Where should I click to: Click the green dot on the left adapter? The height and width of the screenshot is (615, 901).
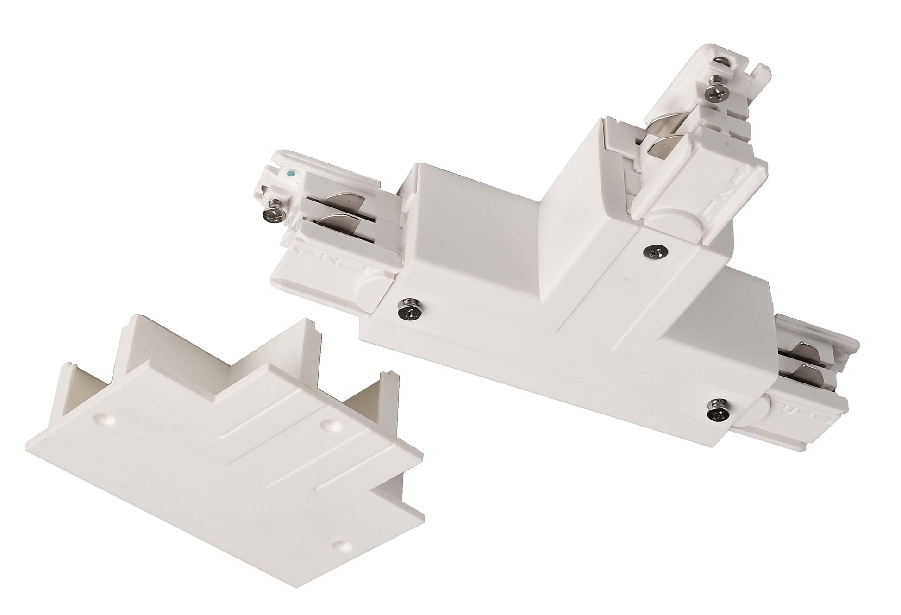point(290,174)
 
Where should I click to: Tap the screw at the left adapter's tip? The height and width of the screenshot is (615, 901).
point(269,204)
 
